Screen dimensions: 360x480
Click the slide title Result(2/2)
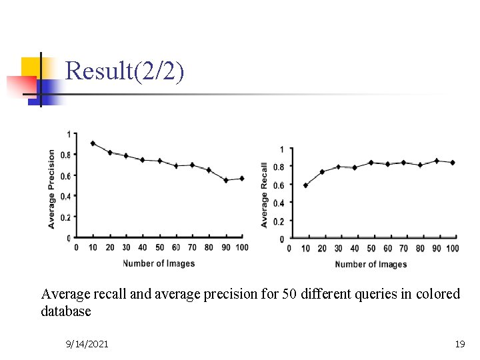click(125, 71)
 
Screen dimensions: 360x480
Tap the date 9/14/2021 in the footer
click(87, 344)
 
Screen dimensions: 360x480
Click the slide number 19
click(459, 344)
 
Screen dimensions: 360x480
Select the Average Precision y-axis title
click(52, 189)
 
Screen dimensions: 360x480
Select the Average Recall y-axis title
click(265, 195)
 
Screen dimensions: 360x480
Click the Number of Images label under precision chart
click(159, 263)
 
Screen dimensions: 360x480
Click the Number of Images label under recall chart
click(371, 265)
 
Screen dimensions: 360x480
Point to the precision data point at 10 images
click(93, 143)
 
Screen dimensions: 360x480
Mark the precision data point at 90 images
click(226, 180)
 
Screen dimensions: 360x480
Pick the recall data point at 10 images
click(305, 185)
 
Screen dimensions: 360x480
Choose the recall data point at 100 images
click(453, 163)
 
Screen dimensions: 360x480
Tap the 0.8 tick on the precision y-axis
click(65, 155)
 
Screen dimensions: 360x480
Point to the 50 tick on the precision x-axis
click(159, 248)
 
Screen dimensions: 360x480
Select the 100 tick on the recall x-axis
click(453, 249)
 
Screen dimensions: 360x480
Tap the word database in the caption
click(66, 311)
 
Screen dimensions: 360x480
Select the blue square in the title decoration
click(49, 89)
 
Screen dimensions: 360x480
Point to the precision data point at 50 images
click(159, 161)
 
